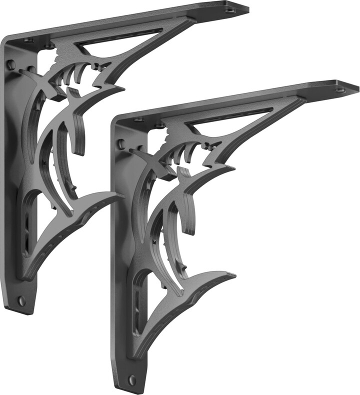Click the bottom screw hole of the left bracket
(x=21, y=300)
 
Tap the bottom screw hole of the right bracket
(x=132, y=380)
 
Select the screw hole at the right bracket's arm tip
(x=341, y=90)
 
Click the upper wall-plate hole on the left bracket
(x=11, y=64)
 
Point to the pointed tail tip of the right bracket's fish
(x=234, y=274)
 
